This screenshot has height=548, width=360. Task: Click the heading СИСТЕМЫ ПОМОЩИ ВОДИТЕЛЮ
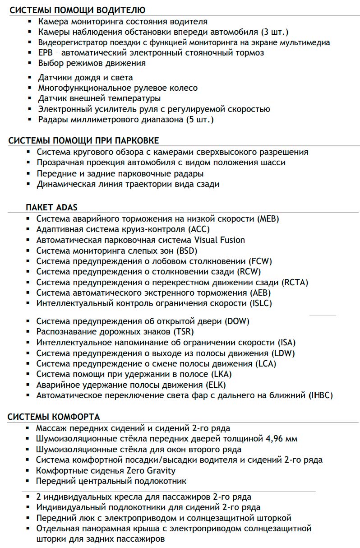pos(77,10)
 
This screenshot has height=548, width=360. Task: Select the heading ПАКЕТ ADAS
pos(52,208)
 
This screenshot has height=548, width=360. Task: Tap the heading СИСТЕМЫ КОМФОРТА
pos(54,417)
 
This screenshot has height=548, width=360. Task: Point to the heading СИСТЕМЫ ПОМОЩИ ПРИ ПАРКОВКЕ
pos(83,140)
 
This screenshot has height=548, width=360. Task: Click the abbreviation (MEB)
pos(268,219)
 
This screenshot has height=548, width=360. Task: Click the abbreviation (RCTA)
pos(295,283)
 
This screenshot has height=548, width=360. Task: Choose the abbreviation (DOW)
pos(237,321)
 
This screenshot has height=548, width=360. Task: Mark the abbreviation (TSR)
pos(184,332)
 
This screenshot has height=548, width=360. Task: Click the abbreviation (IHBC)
pos(321,395)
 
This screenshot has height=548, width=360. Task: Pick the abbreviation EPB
pos(46,53)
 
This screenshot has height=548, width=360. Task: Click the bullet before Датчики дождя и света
pos(30,78)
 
